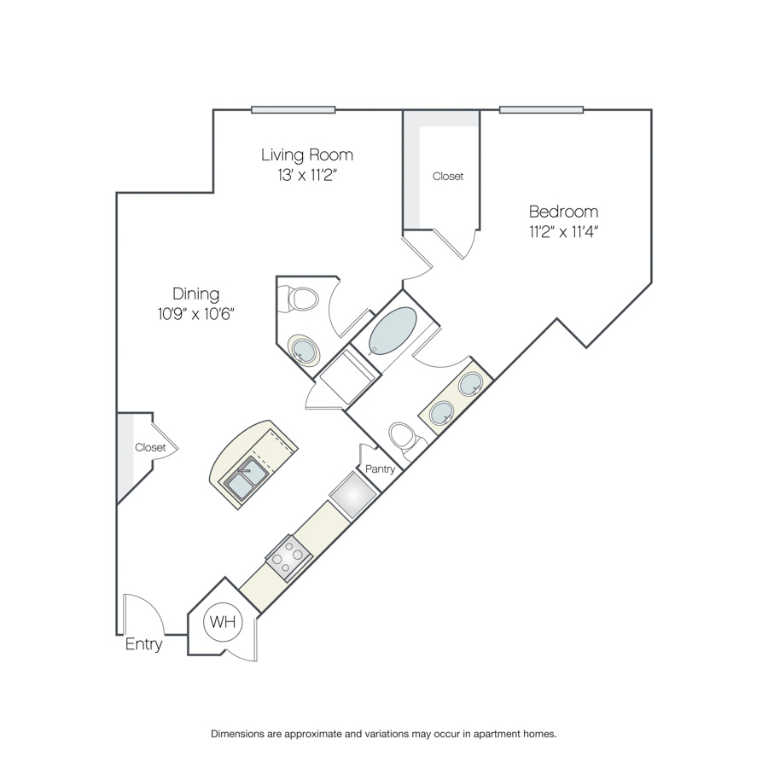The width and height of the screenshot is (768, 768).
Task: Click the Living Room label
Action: coord(307,154)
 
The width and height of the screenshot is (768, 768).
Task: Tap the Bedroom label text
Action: coord(564,212)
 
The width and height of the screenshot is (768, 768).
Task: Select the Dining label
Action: coord(196,294)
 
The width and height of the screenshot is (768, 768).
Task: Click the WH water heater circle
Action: coord(223,621)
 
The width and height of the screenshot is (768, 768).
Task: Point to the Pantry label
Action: coord(380,468)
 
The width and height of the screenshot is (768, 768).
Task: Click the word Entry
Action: coord(143,644)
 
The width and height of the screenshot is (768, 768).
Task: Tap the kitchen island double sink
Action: coord(246,478)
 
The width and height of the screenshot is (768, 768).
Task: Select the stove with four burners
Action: coord(289,558)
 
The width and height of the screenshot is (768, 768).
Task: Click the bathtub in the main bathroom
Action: coord(393,330)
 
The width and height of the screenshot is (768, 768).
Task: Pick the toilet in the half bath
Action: coord(299,299)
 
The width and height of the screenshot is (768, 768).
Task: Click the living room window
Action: coord(294,110)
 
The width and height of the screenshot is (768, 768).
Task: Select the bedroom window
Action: coord(541,110)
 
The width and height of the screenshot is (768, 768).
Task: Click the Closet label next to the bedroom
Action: coord(448,177)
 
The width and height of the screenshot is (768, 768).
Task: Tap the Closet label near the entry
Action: coord(150,447)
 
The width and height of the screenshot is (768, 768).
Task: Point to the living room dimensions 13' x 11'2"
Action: coord(307,175)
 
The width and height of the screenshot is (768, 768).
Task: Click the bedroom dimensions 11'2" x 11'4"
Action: coord(564,231)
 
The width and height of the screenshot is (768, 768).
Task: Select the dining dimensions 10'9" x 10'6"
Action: coord(196,313)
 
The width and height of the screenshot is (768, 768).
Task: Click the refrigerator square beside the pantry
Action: coord(353,495)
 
